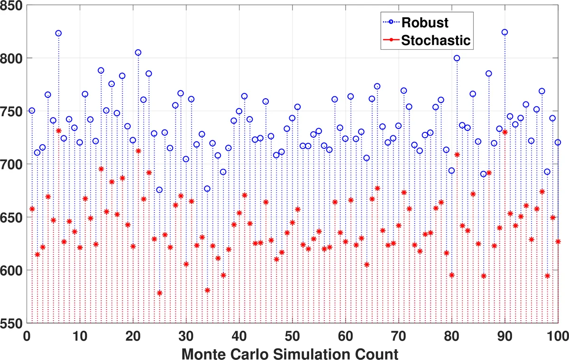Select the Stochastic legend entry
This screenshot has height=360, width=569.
click(x=435, y=41)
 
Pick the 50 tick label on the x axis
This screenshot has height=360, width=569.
click(x=292, y=336)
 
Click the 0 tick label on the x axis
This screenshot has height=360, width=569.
click(x=27, y=336)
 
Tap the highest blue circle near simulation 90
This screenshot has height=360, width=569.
click(x=505, y=32)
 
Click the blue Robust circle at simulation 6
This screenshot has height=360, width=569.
click(x=58, y=33)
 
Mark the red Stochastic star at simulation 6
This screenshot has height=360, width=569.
click(x=58, y=131)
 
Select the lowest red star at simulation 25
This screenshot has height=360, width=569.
click(x=159, y=293)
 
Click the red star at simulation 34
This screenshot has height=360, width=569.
click(x=207, y=290)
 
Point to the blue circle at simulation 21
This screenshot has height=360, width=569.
click(x=138, y=53)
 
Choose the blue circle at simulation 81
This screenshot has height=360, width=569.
click(x=457, y=58)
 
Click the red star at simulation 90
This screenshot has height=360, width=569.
click(x=505, y=132)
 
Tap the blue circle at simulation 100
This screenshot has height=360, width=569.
click(x=558, y=142)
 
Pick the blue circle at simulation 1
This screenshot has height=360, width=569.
click(x=32, y=111)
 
